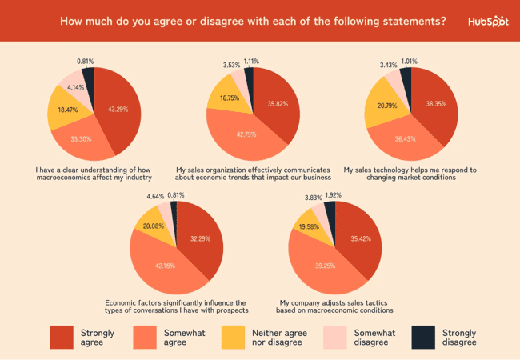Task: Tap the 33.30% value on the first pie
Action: point(81,138)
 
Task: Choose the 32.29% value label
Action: point(198,238)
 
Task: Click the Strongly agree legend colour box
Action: point(62,338)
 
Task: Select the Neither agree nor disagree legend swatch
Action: point(233,338)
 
